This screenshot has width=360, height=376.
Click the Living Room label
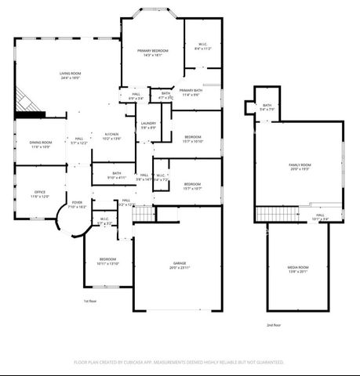[x=71, y=73]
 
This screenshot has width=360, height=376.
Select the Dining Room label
[x=40, y=142]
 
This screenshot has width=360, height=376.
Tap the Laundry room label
[x=148, y=123]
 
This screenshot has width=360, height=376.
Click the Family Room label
[x=300, y=164]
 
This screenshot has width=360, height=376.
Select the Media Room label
[x=298, y=267]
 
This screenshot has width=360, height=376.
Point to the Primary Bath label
[x=191, y=90]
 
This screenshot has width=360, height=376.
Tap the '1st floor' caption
[x=89, y=300]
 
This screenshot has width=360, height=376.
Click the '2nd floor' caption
[x=273, y=324]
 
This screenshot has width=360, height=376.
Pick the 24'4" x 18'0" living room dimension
[x=71, y=78]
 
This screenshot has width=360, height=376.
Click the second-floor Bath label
[x=267, y=105]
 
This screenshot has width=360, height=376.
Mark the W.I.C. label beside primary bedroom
[x=202, y=44]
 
